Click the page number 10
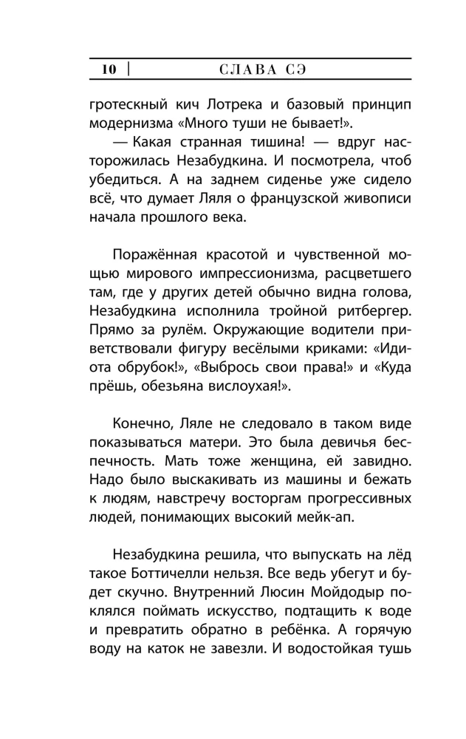click(x=109, y=70)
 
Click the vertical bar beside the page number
click(x=129, y=70)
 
